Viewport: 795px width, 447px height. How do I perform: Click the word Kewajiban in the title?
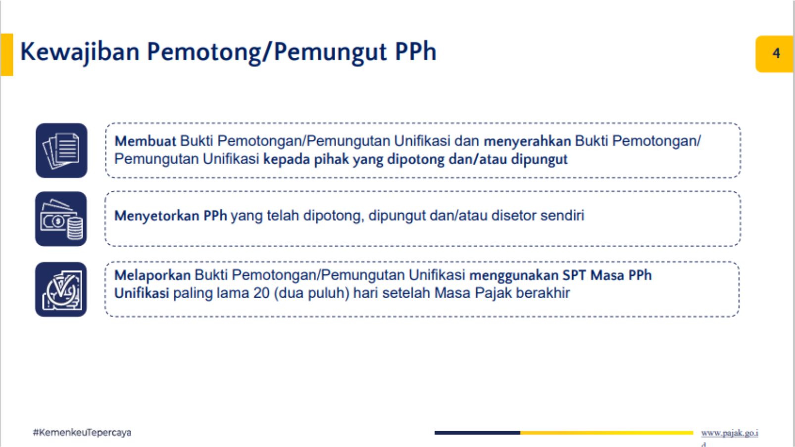pyautogui.click(x=80, y=52)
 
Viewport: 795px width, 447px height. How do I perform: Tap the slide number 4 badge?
pyautogui.click(x=774, y=54)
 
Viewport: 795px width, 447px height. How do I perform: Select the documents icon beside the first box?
pyautogui.click(x=61, y=150)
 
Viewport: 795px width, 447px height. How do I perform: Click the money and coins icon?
pyautogui.click(x=61, y=219)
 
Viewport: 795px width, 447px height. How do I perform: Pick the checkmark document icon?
pyautogui.click(x=61, y=289)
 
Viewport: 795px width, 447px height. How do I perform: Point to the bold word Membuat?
pyautogui.click(x=145, y=141)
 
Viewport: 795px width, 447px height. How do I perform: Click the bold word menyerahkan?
pyautogui.click(x=527, y=141)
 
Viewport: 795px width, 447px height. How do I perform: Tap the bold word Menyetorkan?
pyautogui.click(x=157, y=216)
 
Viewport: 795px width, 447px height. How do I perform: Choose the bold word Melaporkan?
pyautogui.click(x=152, y=275)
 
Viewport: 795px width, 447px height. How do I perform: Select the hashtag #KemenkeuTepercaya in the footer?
pyautogui.click(x=82, y=433)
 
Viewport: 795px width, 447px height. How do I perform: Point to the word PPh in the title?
pyautogui.click(x=416, y=52)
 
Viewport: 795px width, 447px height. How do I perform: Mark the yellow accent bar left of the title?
pyautogui.click(x=7, y=54)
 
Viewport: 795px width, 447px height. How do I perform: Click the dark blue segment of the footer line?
pyautogui.click(x=477, y=433)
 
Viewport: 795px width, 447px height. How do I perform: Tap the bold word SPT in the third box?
pyautogui.click(x=574, y=275)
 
